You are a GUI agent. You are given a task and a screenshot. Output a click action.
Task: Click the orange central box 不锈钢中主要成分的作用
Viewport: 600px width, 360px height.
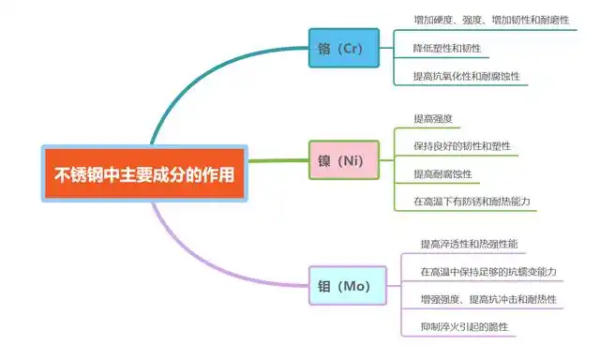point(144,173)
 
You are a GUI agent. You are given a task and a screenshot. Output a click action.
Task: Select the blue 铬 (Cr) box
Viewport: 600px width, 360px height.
point(344,48)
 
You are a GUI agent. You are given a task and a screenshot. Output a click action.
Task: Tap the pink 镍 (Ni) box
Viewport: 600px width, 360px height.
point(344,160)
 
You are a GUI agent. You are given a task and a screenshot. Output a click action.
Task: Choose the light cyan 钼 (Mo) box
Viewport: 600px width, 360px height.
point(348,285)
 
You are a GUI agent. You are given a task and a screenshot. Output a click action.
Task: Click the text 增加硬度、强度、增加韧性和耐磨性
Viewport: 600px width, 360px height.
point(491,20)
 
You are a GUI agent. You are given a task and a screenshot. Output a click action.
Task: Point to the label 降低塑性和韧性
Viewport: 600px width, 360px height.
point(447,48)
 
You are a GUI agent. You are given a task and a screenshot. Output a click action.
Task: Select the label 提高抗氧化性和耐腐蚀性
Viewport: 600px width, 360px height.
point(467,76)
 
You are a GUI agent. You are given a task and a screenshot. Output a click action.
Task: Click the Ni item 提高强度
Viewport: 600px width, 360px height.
point(433,119)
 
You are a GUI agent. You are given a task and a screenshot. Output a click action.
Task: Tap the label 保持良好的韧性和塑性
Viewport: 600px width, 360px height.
point(462,145)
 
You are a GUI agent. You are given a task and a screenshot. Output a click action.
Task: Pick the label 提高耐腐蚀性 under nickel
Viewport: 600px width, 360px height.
point(442,174)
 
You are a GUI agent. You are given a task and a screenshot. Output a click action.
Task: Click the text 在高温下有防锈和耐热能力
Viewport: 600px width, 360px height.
point(472,202)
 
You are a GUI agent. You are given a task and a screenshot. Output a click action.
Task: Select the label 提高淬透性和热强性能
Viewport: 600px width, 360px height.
point(469,244)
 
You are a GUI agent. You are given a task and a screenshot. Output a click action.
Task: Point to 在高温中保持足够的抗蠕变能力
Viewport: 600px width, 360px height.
point(488,272)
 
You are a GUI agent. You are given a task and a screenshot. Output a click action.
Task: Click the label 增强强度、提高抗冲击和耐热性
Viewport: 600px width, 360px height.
point(488,299)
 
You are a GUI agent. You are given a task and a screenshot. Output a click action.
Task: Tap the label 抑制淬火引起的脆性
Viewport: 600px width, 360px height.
point(465,326)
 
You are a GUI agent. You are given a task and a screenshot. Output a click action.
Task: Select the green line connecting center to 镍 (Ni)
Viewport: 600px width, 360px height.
point(278,160)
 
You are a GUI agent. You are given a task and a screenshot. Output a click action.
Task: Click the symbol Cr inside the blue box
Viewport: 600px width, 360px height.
point(352,48)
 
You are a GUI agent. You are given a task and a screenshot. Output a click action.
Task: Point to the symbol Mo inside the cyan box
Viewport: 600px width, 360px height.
point(356,286)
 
